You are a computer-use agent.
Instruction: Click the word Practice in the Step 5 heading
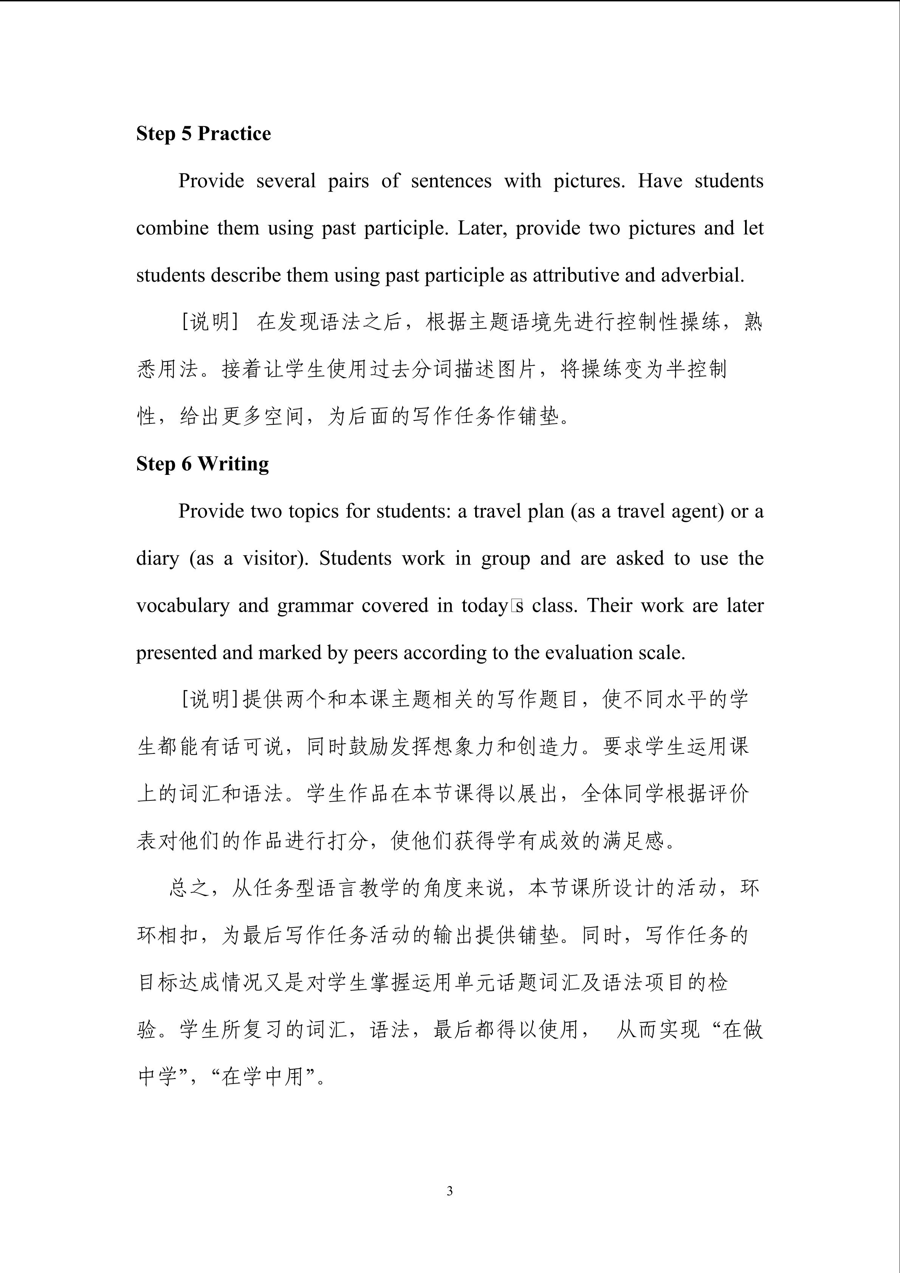[x=234, y=133]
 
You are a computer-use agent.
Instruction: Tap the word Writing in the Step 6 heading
[x=233, y=464]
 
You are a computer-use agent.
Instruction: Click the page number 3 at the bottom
[x=449, y=1190]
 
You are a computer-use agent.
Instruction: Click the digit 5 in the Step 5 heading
[x=187, y=133]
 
